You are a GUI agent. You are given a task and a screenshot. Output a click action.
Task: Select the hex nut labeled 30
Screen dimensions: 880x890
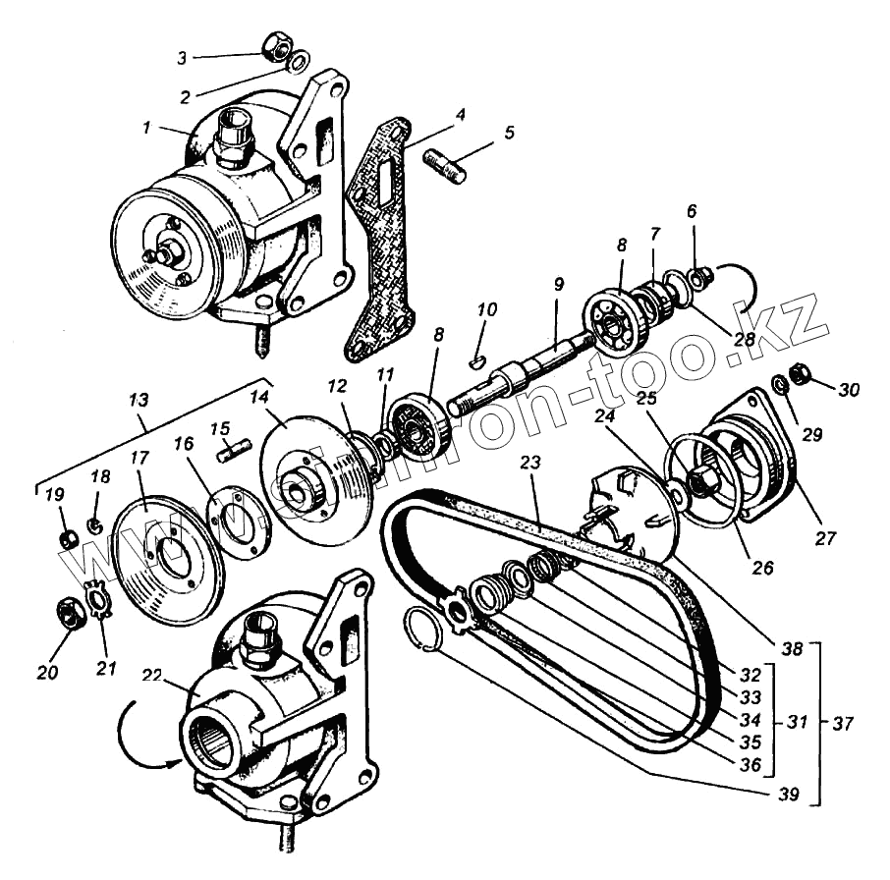pyautogui.click(x=800, y=375)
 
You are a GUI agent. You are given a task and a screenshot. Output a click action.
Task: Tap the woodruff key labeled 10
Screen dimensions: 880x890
pyautogui.click(x=477, y=360)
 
